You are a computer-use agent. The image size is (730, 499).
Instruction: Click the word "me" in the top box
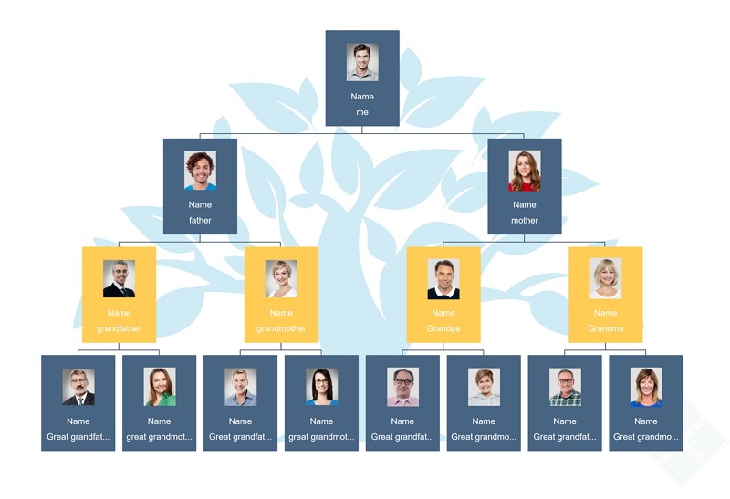pos(362,112)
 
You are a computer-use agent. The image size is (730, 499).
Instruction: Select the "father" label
pos(200,220)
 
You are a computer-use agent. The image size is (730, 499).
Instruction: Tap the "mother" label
pos(525,220)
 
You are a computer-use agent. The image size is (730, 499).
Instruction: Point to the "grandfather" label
pos(120,328)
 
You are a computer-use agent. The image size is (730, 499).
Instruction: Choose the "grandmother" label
pos(281,328)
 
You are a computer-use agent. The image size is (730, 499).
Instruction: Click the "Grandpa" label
pos(443,328)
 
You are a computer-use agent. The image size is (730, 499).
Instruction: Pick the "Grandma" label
pos(606,328)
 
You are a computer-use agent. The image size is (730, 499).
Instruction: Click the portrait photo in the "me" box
pos(362,62)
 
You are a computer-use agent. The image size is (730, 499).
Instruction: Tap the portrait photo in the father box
pos(200,171)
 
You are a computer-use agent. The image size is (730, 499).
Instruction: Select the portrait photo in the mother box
pos(525,171)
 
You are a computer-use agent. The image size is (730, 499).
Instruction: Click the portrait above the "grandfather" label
pos(120,279)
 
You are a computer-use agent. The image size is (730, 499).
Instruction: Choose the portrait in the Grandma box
pos(606,278)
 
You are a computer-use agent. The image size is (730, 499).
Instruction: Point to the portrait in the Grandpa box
pos(443,279)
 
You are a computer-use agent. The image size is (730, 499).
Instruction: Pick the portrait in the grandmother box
pos(281,279)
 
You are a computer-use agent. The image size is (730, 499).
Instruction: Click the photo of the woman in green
pos(160,387)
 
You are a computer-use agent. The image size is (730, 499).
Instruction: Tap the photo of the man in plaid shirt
pos(565,387)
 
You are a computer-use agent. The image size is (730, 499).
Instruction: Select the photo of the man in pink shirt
pos(402,387)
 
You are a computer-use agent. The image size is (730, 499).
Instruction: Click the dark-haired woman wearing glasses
pos(322,387)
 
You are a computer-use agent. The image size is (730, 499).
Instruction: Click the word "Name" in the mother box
pos(525,205)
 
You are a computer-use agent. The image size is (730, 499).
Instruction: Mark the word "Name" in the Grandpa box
pos(443,313)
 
